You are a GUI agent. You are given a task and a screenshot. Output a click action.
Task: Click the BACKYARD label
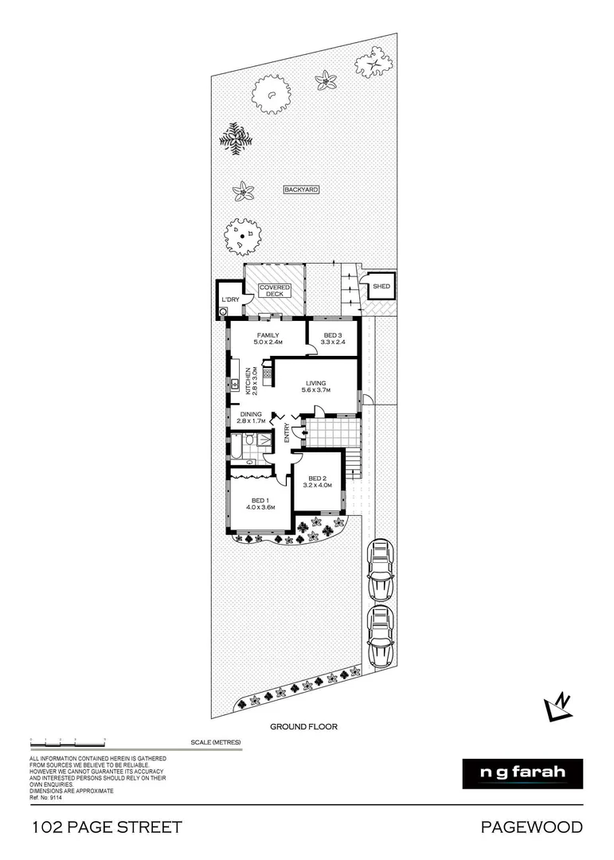[x=302, y=190]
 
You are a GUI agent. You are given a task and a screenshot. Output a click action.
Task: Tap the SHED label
[x=381, y=286]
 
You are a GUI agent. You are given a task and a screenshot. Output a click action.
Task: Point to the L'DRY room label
[x=230, y=299]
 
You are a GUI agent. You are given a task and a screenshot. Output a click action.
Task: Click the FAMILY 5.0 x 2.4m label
[x=267, y=338]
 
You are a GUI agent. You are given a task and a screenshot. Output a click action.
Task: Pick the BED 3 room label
[x=333, y=338]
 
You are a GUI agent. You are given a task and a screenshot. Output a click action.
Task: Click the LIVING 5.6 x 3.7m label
[x=315, y=386]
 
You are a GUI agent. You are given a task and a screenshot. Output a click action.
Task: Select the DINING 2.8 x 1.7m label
[x=251, y=418]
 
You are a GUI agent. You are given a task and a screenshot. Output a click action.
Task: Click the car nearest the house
[x=381, y=570]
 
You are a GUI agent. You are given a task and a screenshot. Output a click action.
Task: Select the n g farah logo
[x=522, y=773]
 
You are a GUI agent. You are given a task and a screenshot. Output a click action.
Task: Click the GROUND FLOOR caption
[x=303, y=726]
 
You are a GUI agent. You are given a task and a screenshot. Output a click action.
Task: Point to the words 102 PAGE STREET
[x=107, y=827]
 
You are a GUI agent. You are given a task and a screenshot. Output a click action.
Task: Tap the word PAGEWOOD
[x=531, y=827]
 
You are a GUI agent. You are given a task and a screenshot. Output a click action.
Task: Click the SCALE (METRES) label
[x=215, y=742]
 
